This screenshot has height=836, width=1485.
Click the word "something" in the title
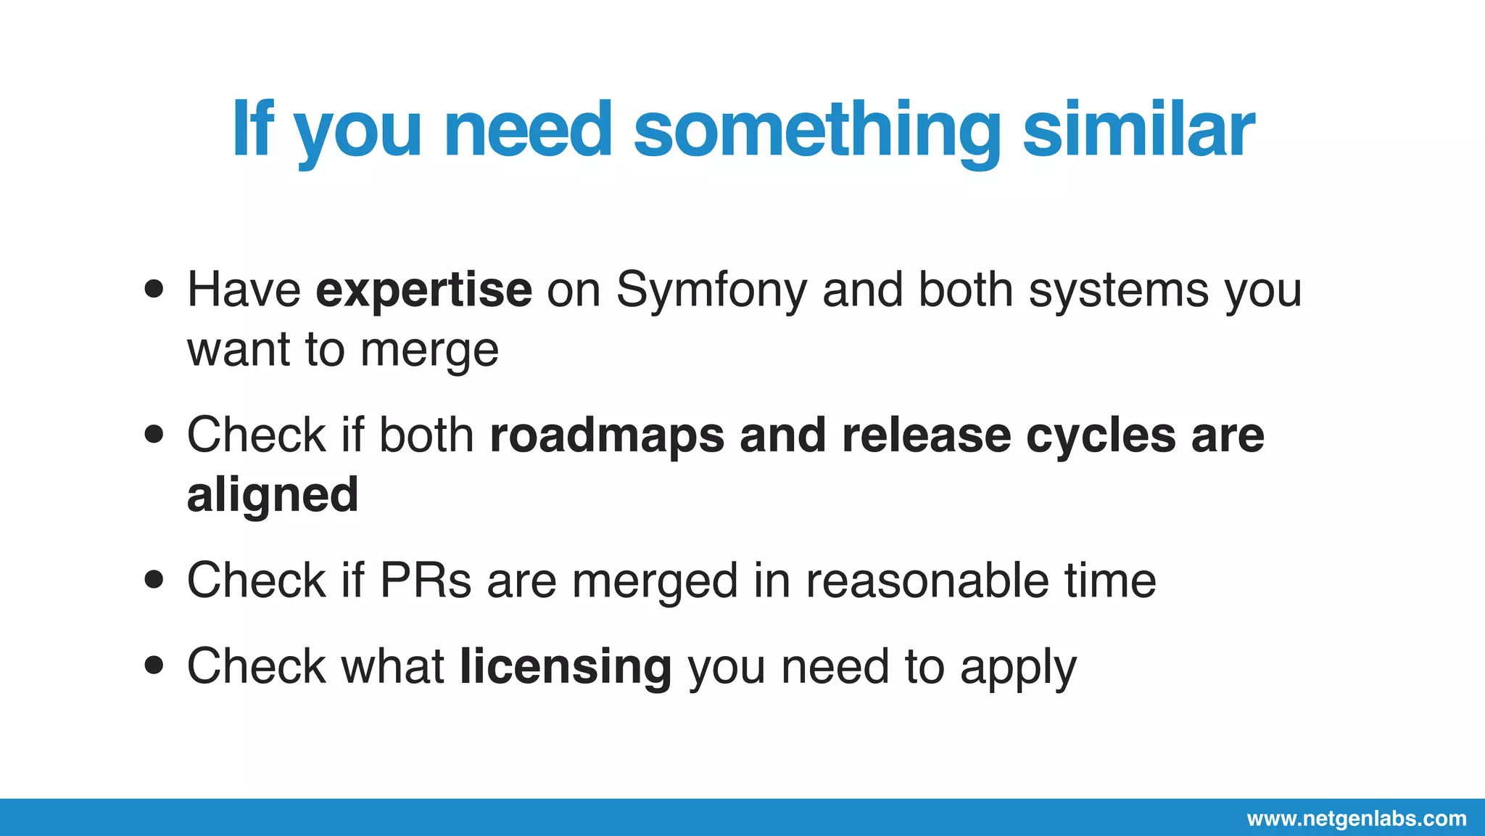(x=816, y=131)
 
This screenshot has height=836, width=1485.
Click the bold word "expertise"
(x=424, y=290)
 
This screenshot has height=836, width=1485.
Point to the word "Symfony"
(x=711, y=290)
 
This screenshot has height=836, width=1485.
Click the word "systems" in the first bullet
(x=1118, y=290)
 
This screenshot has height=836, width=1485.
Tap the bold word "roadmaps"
(x=608, y=435)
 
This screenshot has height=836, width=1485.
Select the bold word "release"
(x=926, y=435)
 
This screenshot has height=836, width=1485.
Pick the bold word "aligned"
(x=273, y=496)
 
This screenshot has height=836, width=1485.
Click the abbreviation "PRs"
(x=426, y=581)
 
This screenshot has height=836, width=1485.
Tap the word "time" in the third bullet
(x=1110, y=581)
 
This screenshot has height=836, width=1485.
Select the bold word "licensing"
(x=566, y=666)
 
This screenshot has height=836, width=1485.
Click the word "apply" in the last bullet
(x=1018, y=668)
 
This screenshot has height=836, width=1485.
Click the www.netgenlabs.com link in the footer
(x=1357, y=819)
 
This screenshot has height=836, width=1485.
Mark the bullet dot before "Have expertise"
(x=154, y=290)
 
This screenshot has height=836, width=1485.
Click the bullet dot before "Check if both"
(x=154, y=435)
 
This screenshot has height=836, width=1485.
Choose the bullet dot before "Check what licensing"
(x=154, y=665)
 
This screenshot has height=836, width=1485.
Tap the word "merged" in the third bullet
(x=655, y=582)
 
